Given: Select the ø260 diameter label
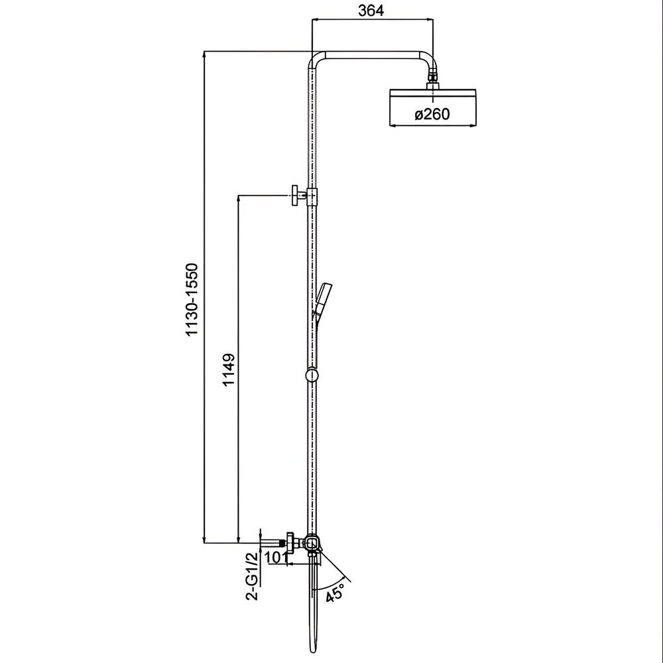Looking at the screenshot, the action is (x=432, y=114).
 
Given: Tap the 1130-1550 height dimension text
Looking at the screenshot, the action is (x=192, y=300).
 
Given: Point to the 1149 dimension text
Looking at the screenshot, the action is (x=228, y=369).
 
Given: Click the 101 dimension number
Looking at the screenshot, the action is (x=275, y=558).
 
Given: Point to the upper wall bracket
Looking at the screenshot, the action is (x=303, y=196).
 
